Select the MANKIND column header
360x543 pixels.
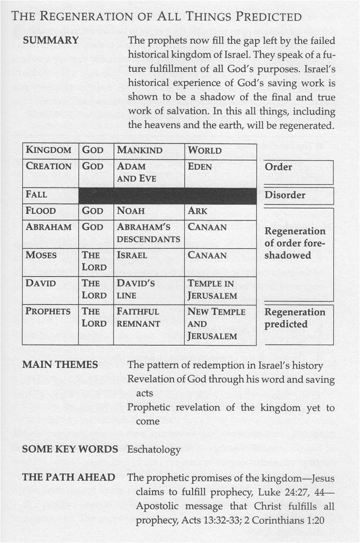tap(139, 150)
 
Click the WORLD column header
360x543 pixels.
tap(205, 150)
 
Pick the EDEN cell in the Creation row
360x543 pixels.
tap(202, 166)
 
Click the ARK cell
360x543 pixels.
tap(197, 211)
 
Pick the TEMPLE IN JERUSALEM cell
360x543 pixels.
tap(212, 289)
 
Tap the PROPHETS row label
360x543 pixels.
tap(48, 311)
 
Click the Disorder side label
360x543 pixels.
tap(285, 195)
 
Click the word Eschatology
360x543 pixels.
tap(154, 450)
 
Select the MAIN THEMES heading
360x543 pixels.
tap(60, 365)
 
